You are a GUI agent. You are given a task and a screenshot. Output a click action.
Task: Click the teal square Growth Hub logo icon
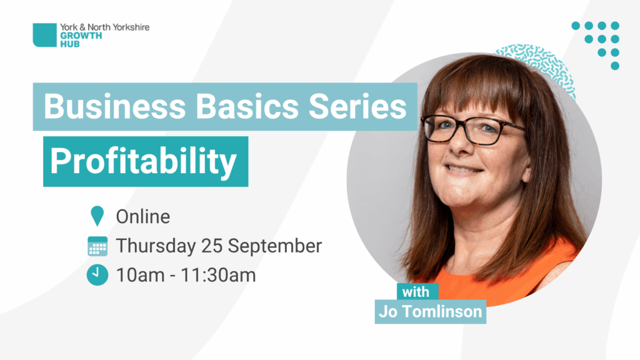point(44,35)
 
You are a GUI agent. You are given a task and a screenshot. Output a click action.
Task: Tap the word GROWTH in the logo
point(81,36)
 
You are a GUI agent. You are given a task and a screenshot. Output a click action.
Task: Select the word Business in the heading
point(115,106)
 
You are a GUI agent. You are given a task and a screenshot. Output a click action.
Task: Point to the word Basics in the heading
point(247,106)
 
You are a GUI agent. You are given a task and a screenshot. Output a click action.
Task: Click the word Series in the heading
point(357,106)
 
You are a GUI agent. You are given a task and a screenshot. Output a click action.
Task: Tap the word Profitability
point(143,162)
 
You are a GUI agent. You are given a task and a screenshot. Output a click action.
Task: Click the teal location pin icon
point(97,216)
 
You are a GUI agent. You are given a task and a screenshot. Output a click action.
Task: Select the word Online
point(143,216)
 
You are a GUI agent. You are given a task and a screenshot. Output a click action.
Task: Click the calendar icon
point(97,246)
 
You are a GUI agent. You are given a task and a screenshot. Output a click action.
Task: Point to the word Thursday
point(156,246)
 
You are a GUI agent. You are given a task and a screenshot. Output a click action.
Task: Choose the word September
point(275,246)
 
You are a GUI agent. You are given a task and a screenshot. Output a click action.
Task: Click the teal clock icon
point(97,275)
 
